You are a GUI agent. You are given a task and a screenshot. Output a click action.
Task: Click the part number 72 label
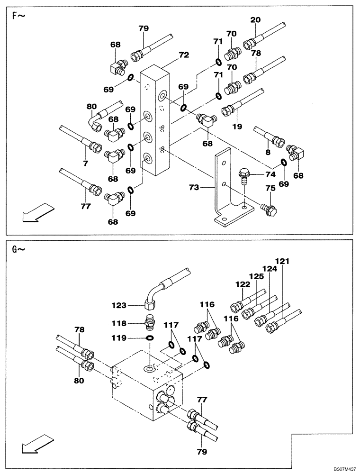[184, 55]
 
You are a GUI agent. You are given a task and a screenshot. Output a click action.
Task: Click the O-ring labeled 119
[149, 338]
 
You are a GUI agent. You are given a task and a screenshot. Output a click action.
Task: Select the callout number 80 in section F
[92, 107]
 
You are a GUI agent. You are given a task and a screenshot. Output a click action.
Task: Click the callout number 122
[243, 284]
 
